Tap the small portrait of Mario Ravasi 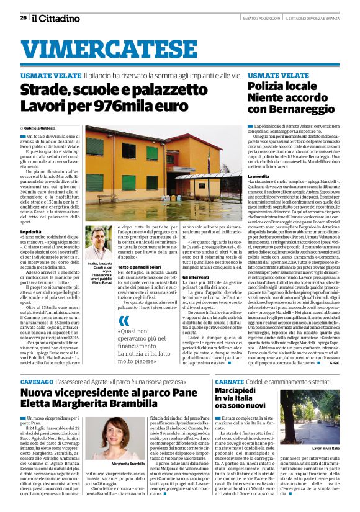(99, 242)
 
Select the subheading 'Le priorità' (31, 231)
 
